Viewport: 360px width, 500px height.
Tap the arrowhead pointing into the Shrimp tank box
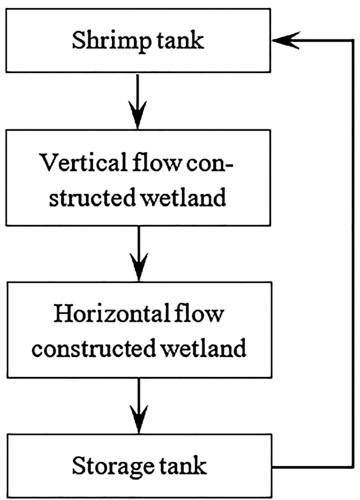(285, 40)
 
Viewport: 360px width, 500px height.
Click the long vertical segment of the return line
(351, 252)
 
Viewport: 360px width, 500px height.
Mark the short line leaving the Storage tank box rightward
(313, 466)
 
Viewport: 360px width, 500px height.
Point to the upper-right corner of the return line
(351, 40)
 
